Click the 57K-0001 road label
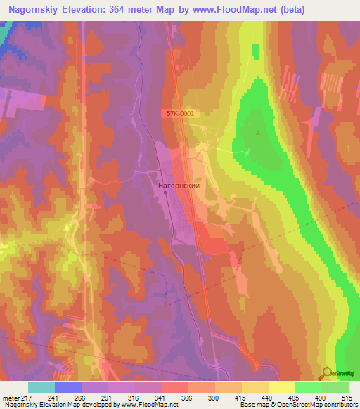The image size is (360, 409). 181,112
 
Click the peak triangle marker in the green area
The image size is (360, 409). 259,132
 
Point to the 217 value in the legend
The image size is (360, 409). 26,398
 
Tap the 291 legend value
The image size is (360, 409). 107,398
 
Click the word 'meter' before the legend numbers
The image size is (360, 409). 9,398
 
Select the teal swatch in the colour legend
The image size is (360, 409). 41,387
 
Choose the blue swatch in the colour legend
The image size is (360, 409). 68,387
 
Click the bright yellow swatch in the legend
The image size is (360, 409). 281,387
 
